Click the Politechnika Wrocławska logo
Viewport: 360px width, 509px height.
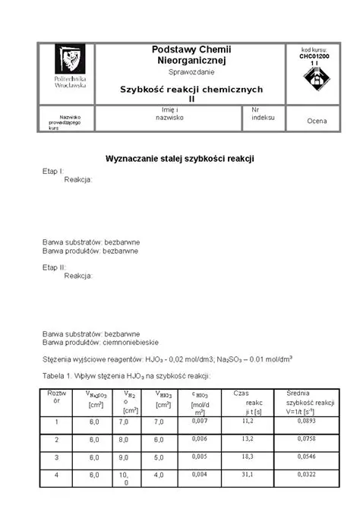(x=71, y=65)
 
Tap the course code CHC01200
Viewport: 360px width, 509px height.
(x=314, y=55)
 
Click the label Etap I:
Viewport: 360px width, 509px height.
(x=52, y=172)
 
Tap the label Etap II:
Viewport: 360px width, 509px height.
(x=54, y=267)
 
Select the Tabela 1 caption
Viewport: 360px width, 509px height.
(x=126, y=376)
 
